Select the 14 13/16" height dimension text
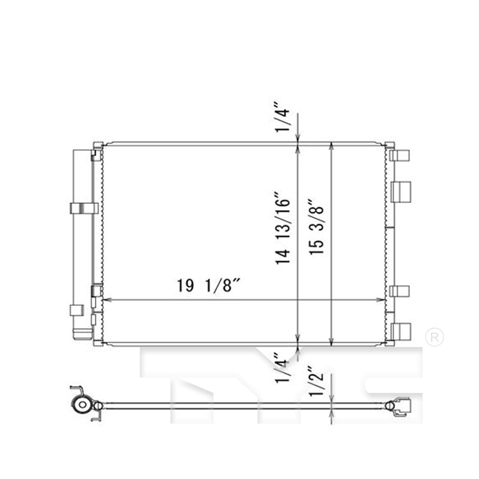(283, 228)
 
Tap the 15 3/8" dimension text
(316, 227)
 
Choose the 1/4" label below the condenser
(283, 368)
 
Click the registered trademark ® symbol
(435, 337)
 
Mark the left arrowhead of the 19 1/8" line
(107, 300)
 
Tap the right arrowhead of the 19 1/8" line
(381, 300)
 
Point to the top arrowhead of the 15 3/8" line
(332, 146)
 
